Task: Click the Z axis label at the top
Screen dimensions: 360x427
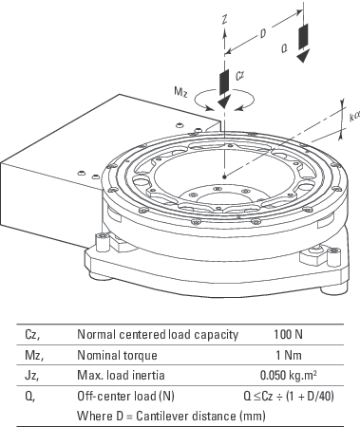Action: pos(225,19)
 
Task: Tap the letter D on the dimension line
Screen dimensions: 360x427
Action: pos(263,33)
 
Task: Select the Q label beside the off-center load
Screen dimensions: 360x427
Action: pos(285,48)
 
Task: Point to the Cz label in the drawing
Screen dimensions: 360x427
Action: pos(240,76)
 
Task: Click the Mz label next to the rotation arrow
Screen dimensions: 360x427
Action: pos(180,91)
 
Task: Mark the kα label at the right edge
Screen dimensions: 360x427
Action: pos(354,116)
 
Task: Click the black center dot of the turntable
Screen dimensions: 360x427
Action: pos(224,176)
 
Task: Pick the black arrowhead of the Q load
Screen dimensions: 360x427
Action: pos(303,57)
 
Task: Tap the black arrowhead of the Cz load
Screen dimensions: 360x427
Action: pos(224,102)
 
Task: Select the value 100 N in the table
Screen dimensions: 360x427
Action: pos(288,334)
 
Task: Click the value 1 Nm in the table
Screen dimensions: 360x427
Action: pos(289,355)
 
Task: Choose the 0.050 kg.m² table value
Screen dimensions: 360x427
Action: pos(288,375)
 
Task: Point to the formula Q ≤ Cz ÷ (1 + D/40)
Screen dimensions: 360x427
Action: pos(289,396)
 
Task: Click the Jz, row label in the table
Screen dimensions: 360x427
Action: pos(32,376)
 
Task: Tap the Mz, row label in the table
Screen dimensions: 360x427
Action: pos(34,356)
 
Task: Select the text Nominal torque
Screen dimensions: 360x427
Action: pos(117,355)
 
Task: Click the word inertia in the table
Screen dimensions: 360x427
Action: pos(149,376)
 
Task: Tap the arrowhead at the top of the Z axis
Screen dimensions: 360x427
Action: pos(224,32)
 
